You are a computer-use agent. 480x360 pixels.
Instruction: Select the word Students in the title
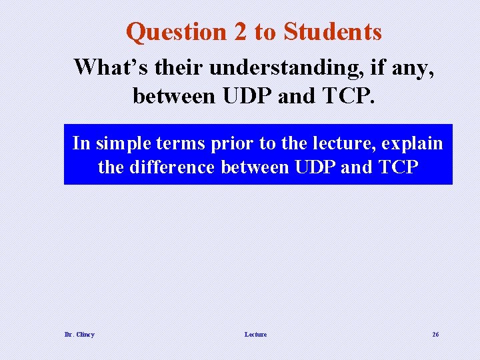pos(333,32)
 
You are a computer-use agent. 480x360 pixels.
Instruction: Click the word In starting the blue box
pos(81,143)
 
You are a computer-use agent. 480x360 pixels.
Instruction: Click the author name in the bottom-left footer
pos(79,334)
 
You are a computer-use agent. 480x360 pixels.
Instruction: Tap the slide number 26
pos(435,334)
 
